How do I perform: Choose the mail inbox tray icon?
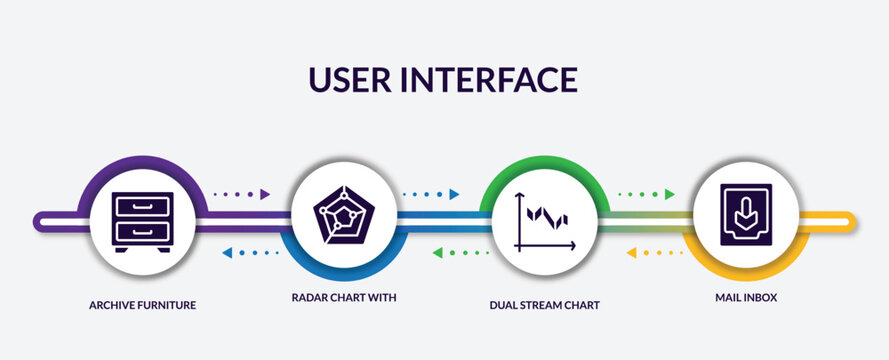pyautogui.click(x=746, y=220)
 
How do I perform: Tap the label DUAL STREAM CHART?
pyautogui.click(x=545, y=304)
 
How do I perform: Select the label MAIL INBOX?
pyautogui.click(x=746, y=298)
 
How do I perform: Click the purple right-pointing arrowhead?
pyautogui.click(x=265, y=194)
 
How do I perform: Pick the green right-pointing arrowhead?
pyautogui.click(x=669, y=194)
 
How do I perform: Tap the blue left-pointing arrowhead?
pyautogui.click(x=227, y=253)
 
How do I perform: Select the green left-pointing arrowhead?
pyautogui.click(x=437, y=253)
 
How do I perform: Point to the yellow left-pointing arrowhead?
pyautogui.click(x=631, y=253)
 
